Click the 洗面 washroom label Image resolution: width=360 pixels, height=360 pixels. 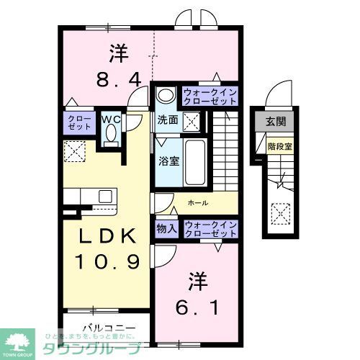(x=167, y=120)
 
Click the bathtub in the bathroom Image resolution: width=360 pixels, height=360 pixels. (x=196, y=155)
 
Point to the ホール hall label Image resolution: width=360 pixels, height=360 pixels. (x=199, y=204)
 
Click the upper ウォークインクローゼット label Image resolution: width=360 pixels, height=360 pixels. (x=209, y=96)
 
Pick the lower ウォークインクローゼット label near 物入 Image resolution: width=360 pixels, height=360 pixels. (x=211, y=230)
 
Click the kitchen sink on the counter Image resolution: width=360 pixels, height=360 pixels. (x=104, y=197)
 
